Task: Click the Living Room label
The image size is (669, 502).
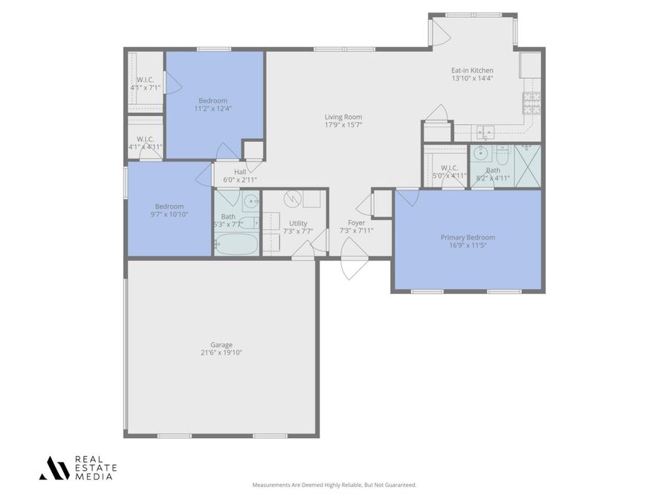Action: [x=343, y=116]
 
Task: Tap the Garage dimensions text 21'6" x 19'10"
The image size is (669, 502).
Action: [x=221, y=353]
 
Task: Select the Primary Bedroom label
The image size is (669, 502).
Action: [x=468, y=237]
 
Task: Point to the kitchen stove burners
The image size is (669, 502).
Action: [x=531, y=101]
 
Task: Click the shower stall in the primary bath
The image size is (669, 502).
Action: [x=528, y=165]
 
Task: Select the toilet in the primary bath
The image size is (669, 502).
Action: [x=502, y=158]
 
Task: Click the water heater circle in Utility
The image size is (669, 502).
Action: [x=293, y=199]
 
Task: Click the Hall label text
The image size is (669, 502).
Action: [x=240, y=172]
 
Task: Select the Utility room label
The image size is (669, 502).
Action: [x=298, y=222]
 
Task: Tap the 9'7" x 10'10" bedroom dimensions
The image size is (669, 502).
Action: [x=169, y=215]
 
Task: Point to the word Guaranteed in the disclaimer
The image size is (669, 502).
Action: [x=399, y=485]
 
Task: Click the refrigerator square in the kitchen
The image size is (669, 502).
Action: [x=530, y=65]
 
